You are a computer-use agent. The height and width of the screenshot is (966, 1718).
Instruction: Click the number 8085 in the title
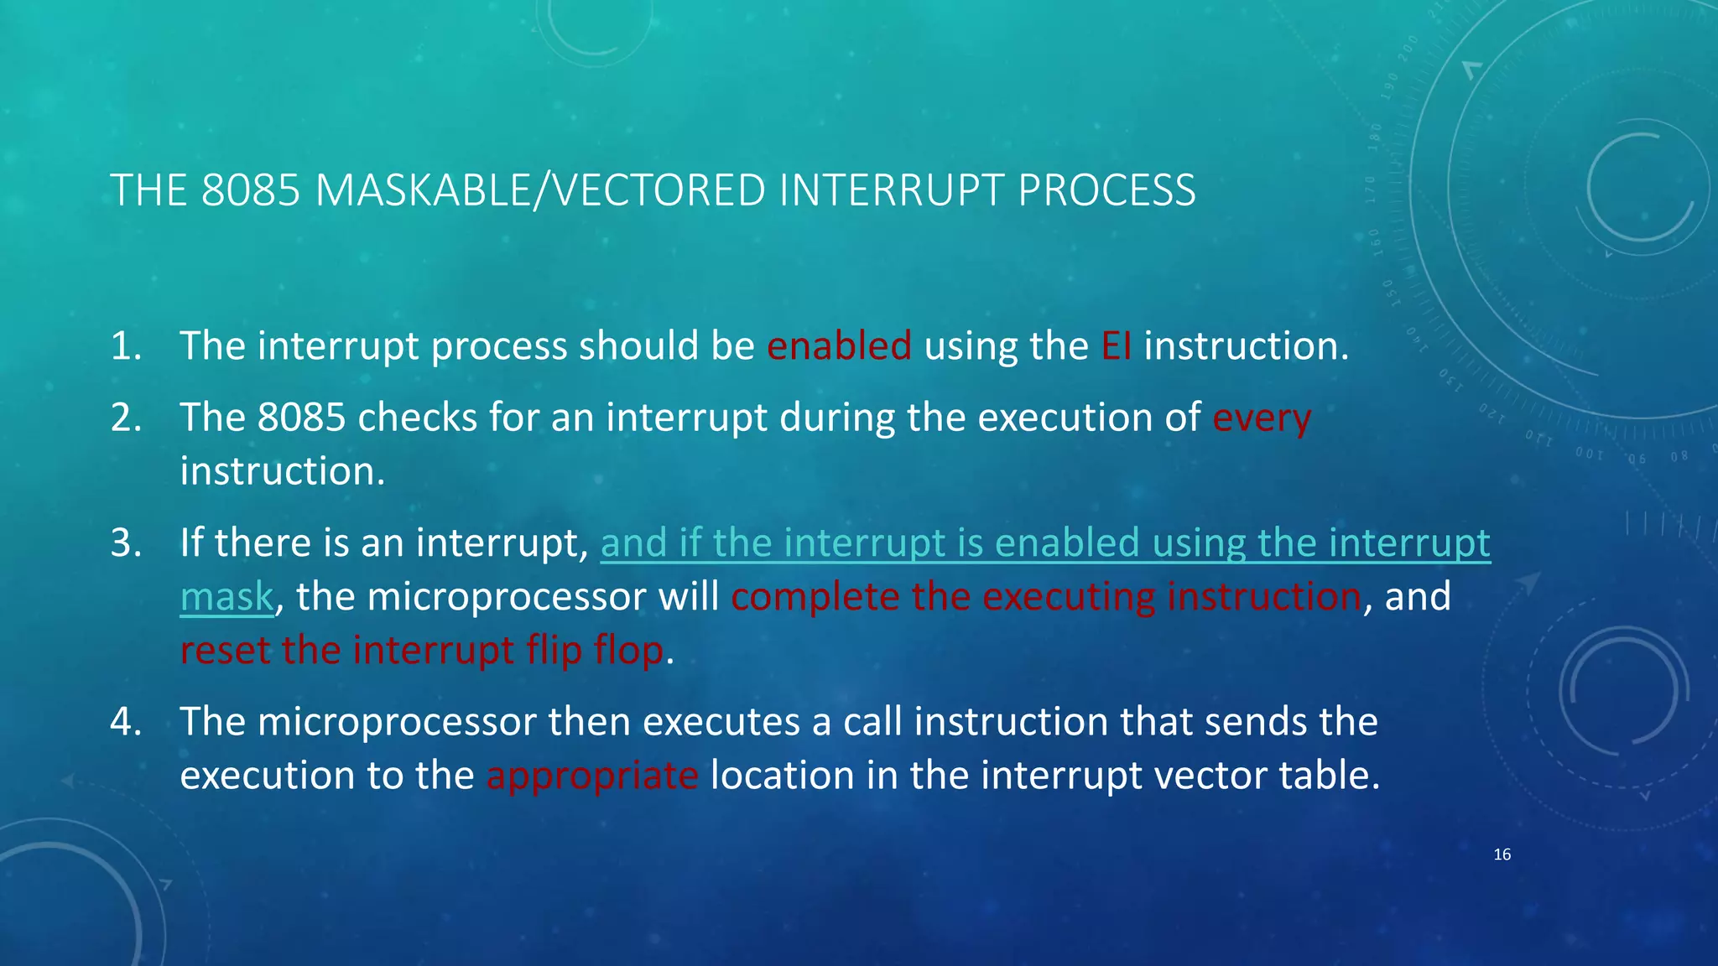[250, 190]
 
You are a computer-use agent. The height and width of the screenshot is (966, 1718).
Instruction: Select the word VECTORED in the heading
[660, 190]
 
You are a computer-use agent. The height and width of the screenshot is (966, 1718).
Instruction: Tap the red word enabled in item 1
[838, 346]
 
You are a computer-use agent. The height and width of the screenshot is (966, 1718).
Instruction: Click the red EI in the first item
[1116, 346]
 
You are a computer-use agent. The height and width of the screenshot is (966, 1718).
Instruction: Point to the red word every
[1261, 418]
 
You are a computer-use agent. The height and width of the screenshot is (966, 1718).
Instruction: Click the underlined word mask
[226, 597]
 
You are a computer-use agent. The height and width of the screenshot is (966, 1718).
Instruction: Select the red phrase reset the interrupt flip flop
[422, 651]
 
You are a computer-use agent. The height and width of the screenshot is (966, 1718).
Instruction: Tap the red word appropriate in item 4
[591, 776]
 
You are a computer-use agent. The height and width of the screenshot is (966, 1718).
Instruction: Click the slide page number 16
[1502, 854]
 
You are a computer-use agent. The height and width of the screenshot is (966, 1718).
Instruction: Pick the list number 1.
[125, 346]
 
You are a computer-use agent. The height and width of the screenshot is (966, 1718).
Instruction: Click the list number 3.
[125, 543]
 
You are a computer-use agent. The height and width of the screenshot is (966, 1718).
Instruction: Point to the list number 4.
[125, 722]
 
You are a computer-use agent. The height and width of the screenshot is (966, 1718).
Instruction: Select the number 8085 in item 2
[301, 418]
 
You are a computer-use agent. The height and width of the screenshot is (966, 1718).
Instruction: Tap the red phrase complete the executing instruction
[1045, 597]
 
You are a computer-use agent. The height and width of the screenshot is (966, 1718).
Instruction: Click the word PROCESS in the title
[1106, 190]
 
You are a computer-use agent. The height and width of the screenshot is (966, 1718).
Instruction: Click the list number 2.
[125, 418]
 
